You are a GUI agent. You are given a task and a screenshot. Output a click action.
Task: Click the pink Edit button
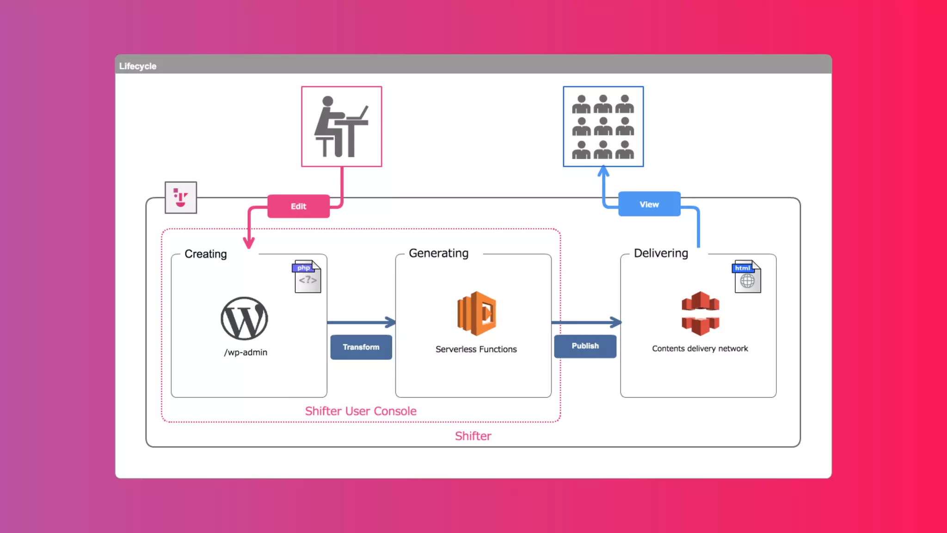click(x=298, y=206)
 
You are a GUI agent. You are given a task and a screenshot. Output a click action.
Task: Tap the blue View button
click(x=649, y=204)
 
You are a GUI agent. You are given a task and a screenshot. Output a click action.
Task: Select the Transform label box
click(x=361, y=347)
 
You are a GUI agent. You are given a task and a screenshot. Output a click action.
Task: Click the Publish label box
click(x=585, y=346)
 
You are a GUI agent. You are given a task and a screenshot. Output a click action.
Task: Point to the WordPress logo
click(x=244, y=318)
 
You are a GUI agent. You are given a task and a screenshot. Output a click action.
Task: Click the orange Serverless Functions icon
click(x=476, y=313)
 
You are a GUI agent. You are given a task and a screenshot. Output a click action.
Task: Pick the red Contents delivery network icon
click(x=700, y=313)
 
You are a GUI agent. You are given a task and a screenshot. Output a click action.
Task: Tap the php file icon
click(x=307, y=276)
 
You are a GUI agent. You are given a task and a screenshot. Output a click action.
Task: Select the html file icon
click(x=746, y=276)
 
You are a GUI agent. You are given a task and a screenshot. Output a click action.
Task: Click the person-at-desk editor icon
click(x=341, y=126)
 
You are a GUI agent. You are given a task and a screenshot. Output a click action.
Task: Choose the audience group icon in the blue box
click(x=603, y=126)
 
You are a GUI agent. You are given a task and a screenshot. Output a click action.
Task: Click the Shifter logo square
click(x=181, y=198)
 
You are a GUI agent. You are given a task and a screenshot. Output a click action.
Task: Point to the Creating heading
click(x=206, y=254)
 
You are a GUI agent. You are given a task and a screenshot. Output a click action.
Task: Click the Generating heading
click(x=438, y=253)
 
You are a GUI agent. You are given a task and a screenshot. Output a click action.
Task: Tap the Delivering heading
click(x=661, y=253)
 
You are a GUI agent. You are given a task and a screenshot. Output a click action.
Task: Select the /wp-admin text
click(x=246, y=353)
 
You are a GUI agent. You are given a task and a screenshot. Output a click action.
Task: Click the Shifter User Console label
click(x=361, y=411)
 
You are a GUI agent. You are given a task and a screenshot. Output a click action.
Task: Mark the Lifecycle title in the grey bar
click(x=138, y=66)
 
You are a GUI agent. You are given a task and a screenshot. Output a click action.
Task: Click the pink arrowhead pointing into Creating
click(x=249, y=243)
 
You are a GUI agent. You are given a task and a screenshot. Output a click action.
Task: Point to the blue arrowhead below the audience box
click(x=603, y=172)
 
